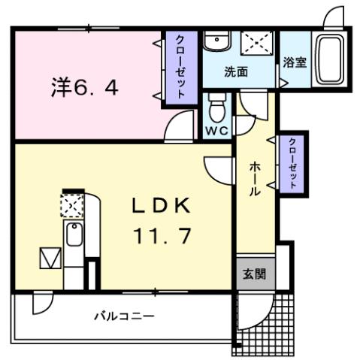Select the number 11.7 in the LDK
coord(163,234)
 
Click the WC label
coord(217,130)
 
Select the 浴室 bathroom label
coord(294,63)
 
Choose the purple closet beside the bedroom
coord(181,68)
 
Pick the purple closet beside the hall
coord(292,162)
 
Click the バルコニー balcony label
coord(124,316)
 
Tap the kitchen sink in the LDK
coord(74,237)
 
